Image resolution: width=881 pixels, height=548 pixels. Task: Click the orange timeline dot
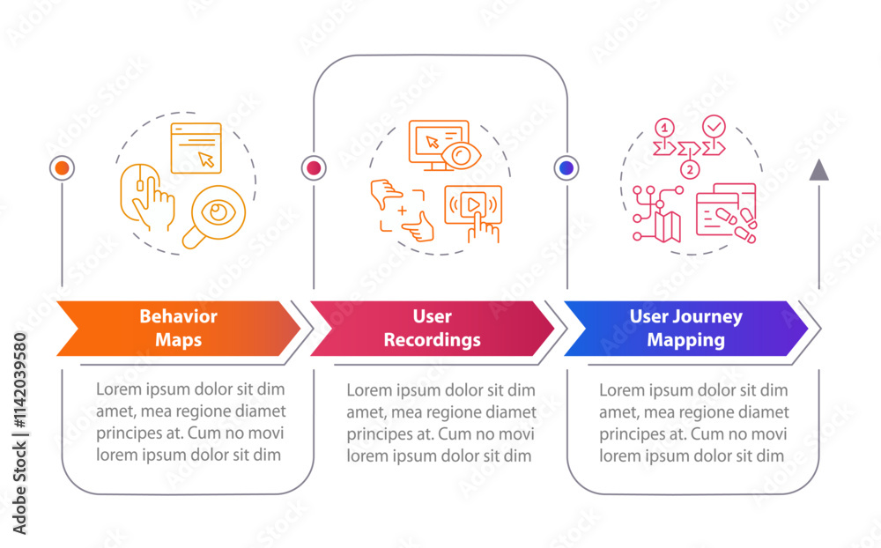[62, 167]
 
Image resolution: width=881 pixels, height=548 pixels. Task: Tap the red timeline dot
[314, 167]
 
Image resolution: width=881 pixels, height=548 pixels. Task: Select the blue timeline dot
[566, 167]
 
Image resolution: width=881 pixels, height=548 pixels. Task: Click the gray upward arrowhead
[819, 170]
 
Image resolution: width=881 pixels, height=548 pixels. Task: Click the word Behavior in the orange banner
[178, 317]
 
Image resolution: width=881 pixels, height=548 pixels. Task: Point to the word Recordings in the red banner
[433, 339]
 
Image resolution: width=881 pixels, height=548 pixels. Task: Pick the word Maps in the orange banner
[178, 339]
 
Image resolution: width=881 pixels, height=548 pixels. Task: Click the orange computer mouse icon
[145, 195]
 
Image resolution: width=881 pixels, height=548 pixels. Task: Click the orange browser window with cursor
[196, 148]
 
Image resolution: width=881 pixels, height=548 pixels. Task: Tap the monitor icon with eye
[440, 144]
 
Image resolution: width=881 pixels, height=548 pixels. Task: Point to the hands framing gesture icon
[403, 211]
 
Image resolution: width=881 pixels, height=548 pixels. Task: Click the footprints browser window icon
[727, 211]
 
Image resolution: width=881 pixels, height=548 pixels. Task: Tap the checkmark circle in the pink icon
[715, 126]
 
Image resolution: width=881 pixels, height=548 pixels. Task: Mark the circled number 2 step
[690, 168]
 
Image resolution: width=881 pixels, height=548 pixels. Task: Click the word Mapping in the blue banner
[686, 339]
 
